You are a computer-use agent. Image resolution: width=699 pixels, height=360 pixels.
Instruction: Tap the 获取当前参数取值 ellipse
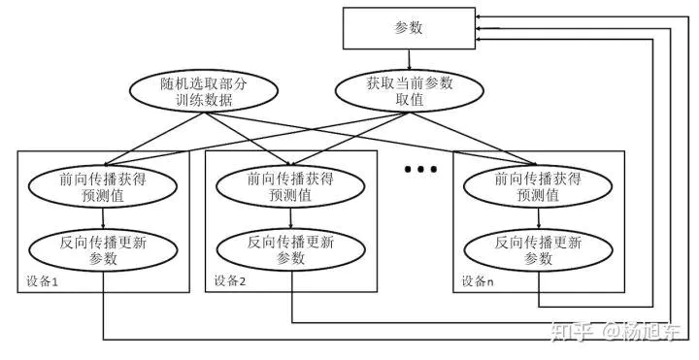coord(409,92)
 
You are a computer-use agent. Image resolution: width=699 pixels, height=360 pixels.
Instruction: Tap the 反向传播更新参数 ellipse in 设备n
coord(537,249)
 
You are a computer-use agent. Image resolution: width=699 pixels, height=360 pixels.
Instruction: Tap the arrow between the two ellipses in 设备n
coord(537,217)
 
